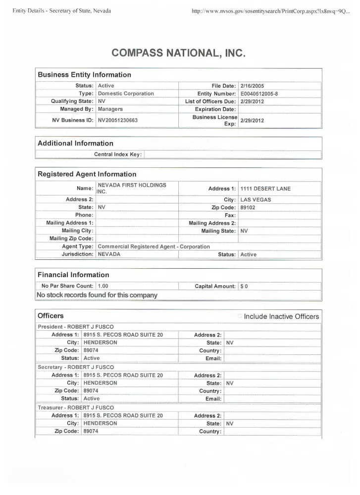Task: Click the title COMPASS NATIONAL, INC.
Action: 179,52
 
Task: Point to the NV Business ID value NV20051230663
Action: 118,120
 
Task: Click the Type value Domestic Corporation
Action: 126,94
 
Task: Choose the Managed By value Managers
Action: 110,109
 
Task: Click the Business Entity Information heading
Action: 85,75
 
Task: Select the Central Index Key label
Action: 118,154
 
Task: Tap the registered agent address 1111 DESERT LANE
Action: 265,189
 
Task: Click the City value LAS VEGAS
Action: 256,200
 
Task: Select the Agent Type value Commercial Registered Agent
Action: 154,247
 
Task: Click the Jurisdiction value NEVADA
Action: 109,254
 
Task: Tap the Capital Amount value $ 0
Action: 244,286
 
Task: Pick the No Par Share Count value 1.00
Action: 103,286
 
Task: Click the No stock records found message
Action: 97,295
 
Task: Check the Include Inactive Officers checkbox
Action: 240,316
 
